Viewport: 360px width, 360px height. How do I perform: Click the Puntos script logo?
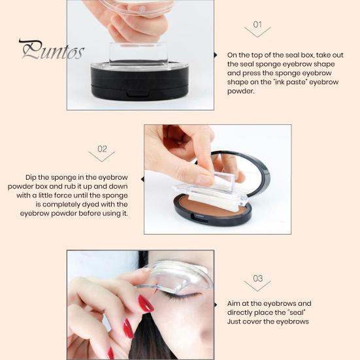(52, 50)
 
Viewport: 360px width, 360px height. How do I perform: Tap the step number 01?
(257, 25)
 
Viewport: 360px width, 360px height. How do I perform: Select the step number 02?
(102, 149)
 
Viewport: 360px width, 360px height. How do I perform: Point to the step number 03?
(257, 278)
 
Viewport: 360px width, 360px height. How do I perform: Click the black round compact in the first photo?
(140, 82)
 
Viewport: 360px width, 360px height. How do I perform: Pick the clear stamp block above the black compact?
(139, 54)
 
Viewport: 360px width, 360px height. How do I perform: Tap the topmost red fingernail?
(146, 304)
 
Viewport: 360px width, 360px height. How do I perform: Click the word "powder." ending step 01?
(241, 91)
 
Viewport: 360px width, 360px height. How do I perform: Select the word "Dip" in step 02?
(31, 178)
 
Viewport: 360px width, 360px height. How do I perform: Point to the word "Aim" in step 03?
(233, 303)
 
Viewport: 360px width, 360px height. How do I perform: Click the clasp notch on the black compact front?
(135, 93)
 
